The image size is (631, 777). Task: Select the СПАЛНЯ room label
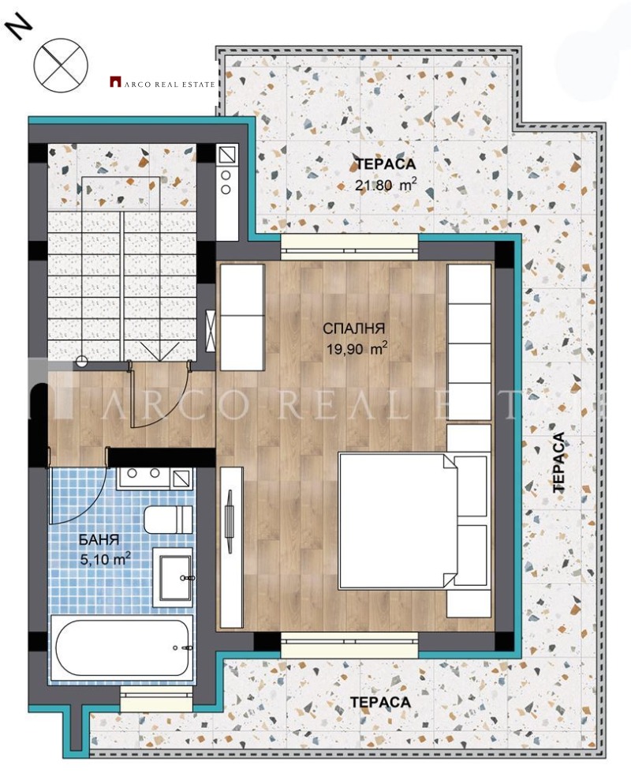(x=353, y=328)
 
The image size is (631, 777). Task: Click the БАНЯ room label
(x=99, y=541)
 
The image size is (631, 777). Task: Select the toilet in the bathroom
(x=168, y=520)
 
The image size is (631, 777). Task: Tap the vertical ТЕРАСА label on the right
(x=559, y=463)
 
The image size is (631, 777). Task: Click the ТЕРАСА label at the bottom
(x=381, y=702)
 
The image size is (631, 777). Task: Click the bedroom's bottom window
(x=349, y=643)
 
